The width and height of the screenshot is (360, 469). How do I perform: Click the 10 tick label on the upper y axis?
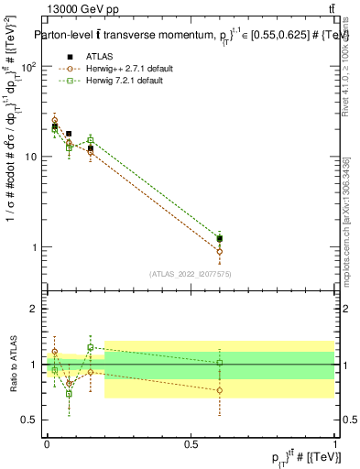[x=32, y=158]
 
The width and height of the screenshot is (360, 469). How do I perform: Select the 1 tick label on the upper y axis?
[x=35, y=247]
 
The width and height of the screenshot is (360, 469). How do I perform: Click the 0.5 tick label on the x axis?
[x=191, y=443]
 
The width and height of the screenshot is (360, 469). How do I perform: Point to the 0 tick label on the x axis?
[x=47, y=443]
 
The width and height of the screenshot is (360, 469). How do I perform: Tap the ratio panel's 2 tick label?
[x=35, y=309]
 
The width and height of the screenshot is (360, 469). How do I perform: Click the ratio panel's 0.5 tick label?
[x=30, y=420]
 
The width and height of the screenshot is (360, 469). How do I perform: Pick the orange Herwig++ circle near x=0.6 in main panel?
[x=219, y=251]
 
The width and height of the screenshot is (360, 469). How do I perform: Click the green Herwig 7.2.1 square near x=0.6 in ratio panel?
[x=219, y=363]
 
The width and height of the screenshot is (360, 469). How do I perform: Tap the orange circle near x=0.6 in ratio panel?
[x=219, y=390]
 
